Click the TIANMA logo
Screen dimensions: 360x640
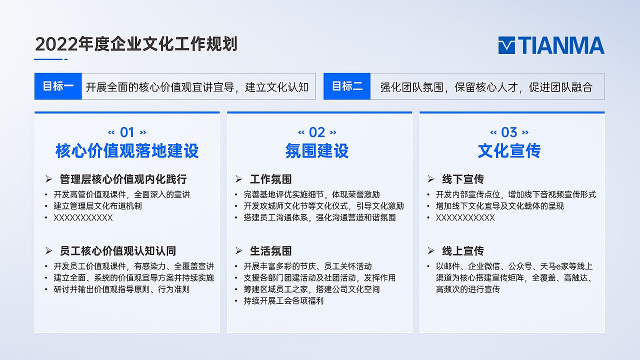click(x=551, y=45)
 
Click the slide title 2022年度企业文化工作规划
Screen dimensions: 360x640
click(x=136, y=44)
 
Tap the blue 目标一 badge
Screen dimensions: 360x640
click(x=58, y=86)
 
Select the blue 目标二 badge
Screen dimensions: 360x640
click(x=347, y=86)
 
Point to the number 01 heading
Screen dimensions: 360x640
click(x=127, y=132)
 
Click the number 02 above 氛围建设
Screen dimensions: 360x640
click(x=317, y=132)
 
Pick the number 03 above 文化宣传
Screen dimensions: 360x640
click(x=509, y=132)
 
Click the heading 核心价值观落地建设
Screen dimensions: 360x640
click(x=127, y=151)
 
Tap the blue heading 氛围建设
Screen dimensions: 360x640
click(x=317, y=151)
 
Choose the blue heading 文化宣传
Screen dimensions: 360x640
click(x=509, y=151)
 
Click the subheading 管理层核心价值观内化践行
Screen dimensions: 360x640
click(x=123, y=179)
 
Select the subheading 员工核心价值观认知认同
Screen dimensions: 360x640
click(x=117, y=251)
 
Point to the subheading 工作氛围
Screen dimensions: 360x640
click(x=270, y=179)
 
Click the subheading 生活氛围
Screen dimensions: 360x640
click(x=270, y=251)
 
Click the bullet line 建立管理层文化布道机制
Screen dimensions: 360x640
click(x=98, y=206)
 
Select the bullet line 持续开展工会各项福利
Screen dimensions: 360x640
click(x=283, y=301)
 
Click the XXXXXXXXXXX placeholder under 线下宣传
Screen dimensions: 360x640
click(x=465, y=218)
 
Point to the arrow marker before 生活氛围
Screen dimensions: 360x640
click(x=239, y=251)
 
